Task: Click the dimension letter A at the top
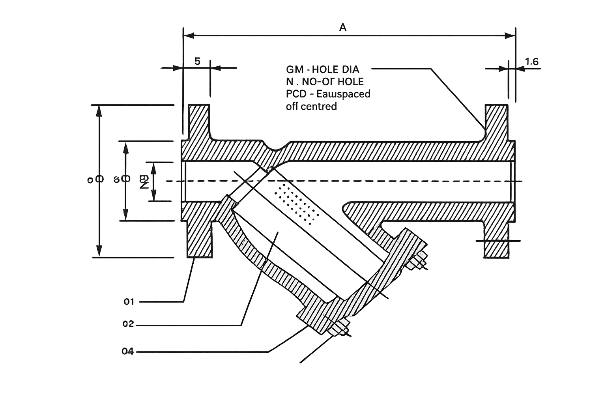[343, 27]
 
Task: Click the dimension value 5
[197, 61]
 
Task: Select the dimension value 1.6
[532, 62]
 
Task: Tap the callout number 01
[129, 302]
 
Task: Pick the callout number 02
[128, 324]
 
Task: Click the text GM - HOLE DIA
[323, 70]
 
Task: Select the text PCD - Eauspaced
[328, 94]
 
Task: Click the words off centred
[312, 106]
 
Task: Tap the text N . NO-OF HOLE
[325, 82]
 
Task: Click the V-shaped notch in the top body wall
[276, 148]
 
